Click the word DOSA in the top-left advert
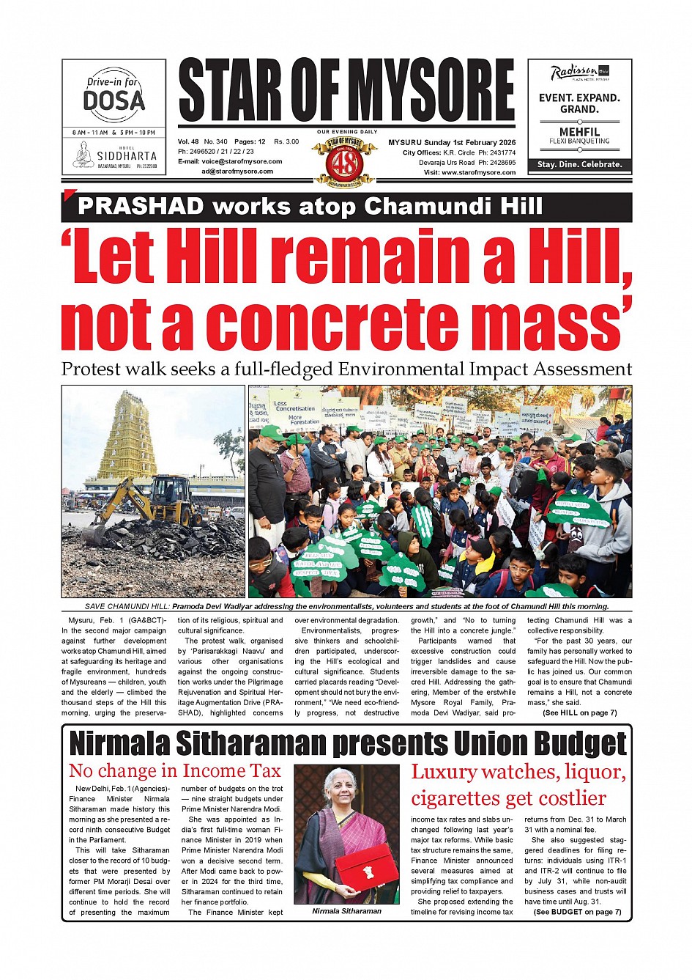click(114, 100)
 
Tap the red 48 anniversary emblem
click(345, 161)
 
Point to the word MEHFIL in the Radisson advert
click(579, 132)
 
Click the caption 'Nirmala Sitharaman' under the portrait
click(346, 911)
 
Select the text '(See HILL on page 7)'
click(579, 712)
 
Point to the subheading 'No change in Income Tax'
click(174, 771)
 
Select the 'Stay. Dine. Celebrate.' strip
click(579, 165)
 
